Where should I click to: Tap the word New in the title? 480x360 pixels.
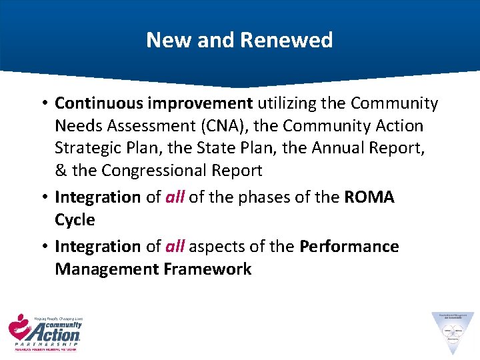tap(163, 40)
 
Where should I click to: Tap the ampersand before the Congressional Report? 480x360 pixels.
tap(61, 170)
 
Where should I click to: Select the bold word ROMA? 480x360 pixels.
tap(369, 197)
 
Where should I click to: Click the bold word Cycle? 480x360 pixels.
tap(75, 220)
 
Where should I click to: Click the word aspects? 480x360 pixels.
tap(218, 247)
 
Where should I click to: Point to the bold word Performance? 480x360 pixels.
tap(349, 247)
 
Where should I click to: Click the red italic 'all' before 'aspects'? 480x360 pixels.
tap(174, 247)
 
